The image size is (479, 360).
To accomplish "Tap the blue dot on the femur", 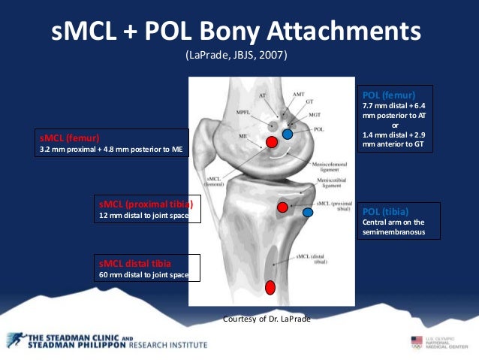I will click(x=288, y=135).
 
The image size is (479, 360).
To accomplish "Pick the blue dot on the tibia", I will click(x=307, y=213).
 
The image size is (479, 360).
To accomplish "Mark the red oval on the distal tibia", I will click(x=270, y=286).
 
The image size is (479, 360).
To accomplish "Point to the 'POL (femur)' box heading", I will click(x=384, y=96).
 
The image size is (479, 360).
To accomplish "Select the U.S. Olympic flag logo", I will click(x=417, y=342).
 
